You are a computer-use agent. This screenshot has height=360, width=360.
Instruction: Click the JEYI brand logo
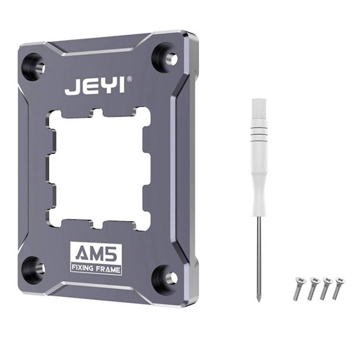point(95,86)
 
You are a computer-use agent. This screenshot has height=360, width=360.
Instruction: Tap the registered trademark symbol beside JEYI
point(129,79)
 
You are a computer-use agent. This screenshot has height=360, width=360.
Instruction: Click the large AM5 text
point(96,253)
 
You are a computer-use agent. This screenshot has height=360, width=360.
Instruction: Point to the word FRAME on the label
point(108,269)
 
